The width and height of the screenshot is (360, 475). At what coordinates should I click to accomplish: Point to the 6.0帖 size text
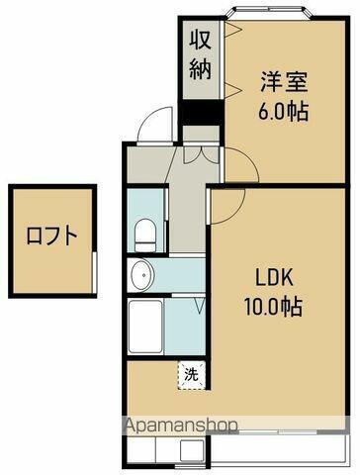[x=284, y=110]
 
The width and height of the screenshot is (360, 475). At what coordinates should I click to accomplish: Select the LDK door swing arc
[x=228, y=204]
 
